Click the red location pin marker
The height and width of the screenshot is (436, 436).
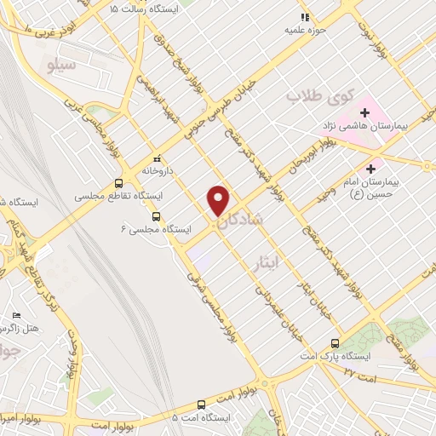pos(219,199)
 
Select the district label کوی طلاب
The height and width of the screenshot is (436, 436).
pos(306,95)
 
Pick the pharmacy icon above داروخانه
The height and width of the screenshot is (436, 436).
pos(157,158)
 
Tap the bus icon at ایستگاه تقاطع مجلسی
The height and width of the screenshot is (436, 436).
pos(118,182)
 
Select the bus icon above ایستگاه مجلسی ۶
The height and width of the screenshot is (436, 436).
pos(155,216)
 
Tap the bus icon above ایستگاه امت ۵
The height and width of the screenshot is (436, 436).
pos(201,404)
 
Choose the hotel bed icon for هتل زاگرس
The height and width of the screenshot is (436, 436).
pos(16,316)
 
